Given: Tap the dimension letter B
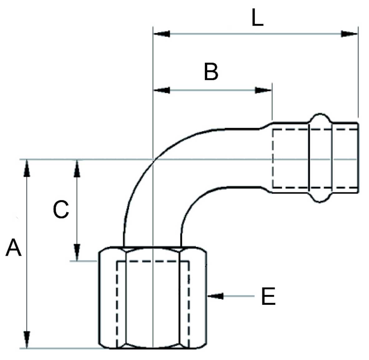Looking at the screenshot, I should [211, 72].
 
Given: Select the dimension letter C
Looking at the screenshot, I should [61, 209].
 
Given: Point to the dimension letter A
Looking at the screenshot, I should [13, 248].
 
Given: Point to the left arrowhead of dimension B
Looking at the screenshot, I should [162, 90].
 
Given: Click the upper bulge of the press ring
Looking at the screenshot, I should [320, 118].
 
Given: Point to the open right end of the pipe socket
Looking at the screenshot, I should [357, 158].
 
